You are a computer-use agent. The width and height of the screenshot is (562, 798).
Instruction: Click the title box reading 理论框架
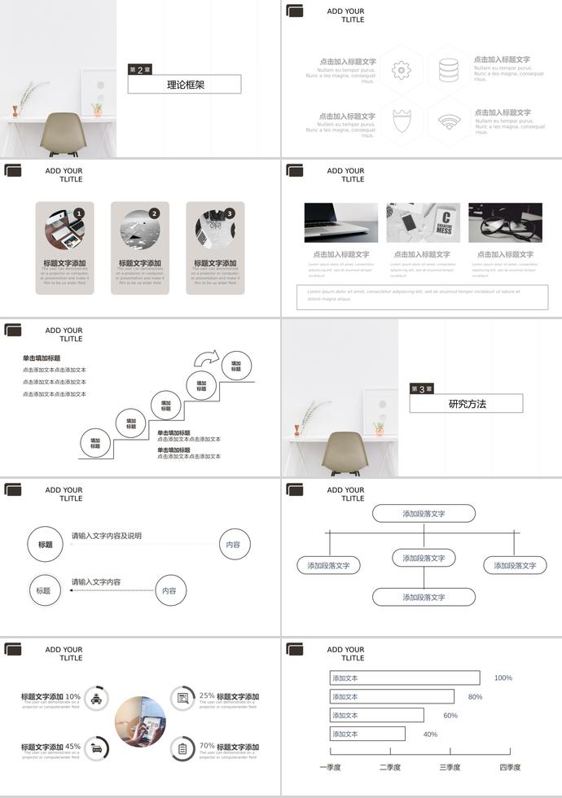coord(185,84)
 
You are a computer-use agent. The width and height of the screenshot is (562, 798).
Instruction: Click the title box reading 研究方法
coord(465,403)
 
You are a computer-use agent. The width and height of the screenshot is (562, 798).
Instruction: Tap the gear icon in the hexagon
coord(401,70)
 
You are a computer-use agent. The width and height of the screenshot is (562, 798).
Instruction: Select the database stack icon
coord(448,70)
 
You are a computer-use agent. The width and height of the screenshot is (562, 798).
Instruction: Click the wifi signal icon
coord(448,122)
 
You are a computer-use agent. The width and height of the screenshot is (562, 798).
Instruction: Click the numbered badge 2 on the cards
coord(154,213)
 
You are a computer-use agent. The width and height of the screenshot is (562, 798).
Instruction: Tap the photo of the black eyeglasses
coord(505,222)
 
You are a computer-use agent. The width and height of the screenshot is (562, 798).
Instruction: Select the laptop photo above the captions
coord(341,222)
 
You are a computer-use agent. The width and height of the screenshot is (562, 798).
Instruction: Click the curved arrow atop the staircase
coord(207,357)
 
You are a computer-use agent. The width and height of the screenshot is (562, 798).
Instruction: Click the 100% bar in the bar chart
coord(405,677)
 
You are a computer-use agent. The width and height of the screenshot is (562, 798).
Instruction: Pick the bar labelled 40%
coord(367,734)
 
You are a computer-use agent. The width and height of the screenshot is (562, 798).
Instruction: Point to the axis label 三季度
coord(450,767)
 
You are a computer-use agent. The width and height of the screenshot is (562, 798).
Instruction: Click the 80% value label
coord(475,697)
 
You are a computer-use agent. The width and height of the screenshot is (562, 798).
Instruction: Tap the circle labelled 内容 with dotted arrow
coord(169,590)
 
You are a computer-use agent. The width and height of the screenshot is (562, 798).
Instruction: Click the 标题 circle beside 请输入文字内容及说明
coord(46,544)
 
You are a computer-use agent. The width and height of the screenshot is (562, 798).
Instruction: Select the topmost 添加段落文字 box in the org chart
coord(424,514)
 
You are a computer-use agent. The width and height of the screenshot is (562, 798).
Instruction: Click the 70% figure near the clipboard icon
coord(207,745)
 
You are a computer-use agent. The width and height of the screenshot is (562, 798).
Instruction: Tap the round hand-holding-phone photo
coord(140,721)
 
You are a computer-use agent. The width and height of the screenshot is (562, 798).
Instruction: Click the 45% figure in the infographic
coord(72,746)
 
